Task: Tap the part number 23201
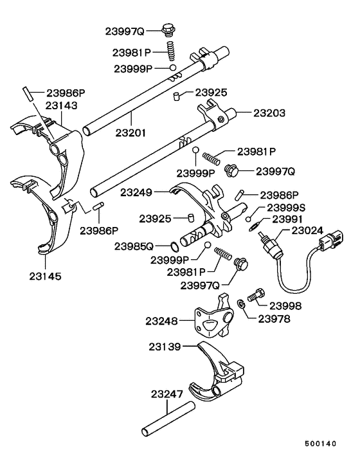click(x=131, y=133)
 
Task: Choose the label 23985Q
click(x=134, y=246)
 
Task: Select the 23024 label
click(x=310, y=230)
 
